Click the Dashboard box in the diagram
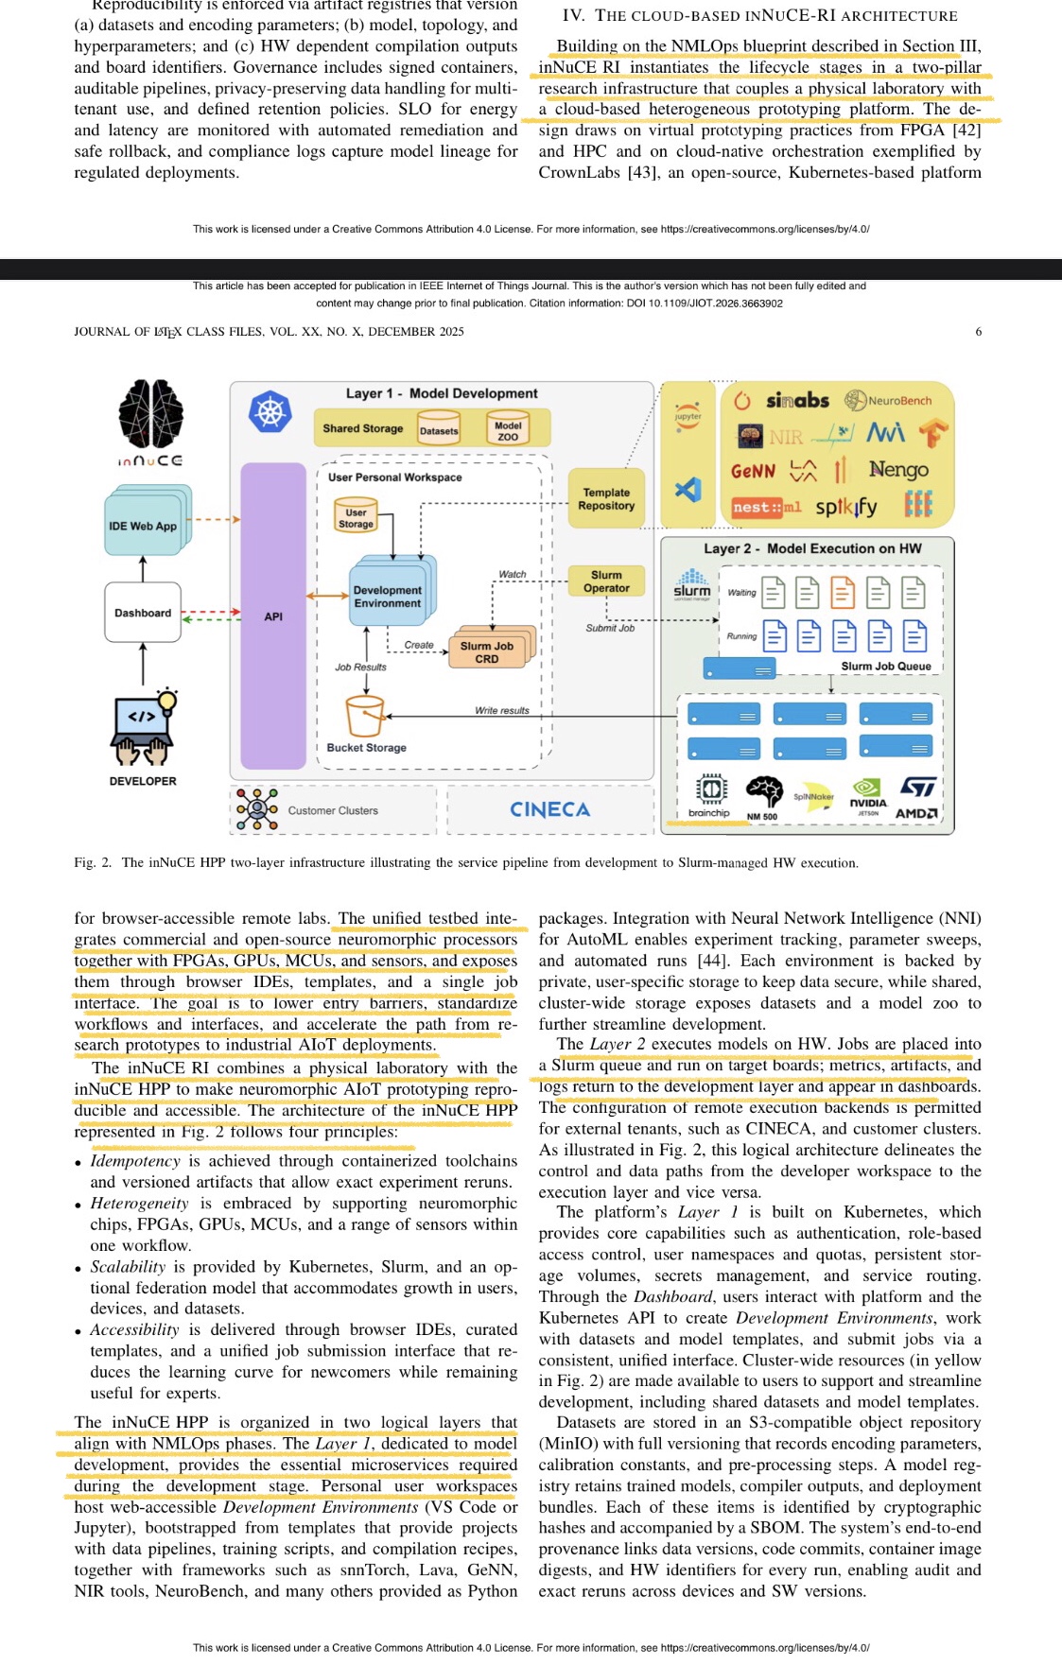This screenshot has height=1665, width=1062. [x=143, y=613]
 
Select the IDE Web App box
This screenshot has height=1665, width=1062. [x=144, y=525]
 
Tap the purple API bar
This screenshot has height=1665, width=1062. [x=273, y=616]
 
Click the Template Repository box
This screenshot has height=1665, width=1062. [x=606, y=499]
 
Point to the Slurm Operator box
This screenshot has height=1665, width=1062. [x=606, y=581]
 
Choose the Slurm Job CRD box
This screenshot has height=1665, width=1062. [x=487, y=651]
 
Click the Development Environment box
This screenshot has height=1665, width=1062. [x=388, y=597]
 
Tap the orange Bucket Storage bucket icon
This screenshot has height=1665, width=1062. [x=365, y=717]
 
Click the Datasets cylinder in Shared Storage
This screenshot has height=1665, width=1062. [x=439, y=429]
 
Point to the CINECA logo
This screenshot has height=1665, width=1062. [x=549, y=809]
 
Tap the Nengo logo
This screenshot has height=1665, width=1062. [x=898, y=470]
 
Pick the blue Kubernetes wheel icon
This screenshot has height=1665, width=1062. [x=270, y=411]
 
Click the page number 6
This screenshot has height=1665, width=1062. [x=978, y=332]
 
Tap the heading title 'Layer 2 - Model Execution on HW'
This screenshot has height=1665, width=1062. [x=811, y=548]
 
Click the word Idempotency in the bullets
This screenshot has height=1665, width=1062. [x=135, y=1161]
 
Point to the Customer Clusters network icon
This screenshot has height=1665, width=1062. [x=256, y=809]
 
